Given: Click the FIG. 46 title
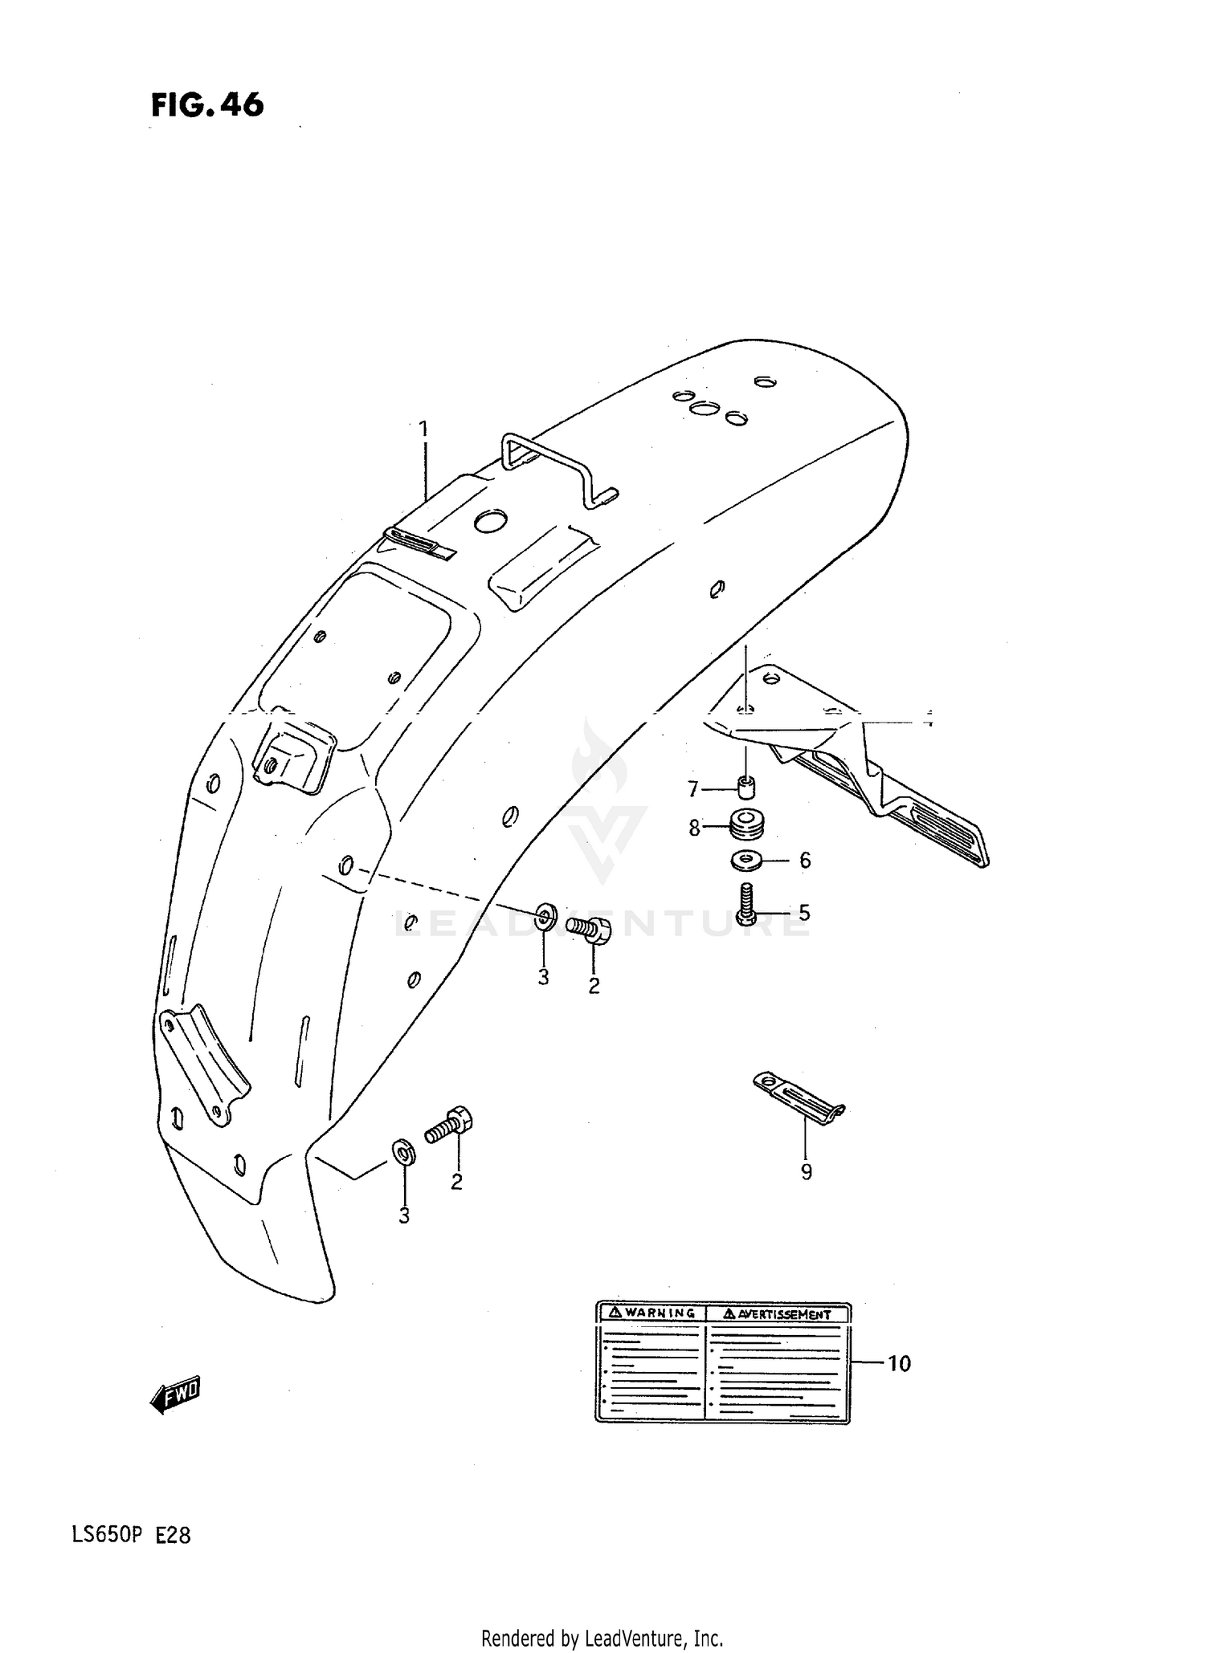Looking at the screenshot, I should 207,106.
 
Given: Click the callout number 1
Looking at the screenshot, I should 423,430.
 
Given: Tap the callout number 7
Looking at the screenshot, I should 693,789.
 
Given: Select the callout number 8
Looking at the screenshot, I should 695,827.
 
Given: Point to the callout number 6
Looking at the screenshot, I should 805,861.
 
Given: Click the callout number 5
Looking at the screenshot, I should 804,913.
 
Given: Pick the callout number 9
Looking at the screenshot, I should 806,1172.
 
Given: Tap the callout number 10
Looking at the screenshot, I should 899,1363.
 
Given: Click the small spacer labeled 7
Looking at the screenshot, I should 747,788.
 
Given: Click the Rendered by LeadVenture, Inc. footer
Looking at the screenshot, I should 602,1637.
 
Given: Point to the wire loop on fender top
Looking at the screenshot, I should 554,466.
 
